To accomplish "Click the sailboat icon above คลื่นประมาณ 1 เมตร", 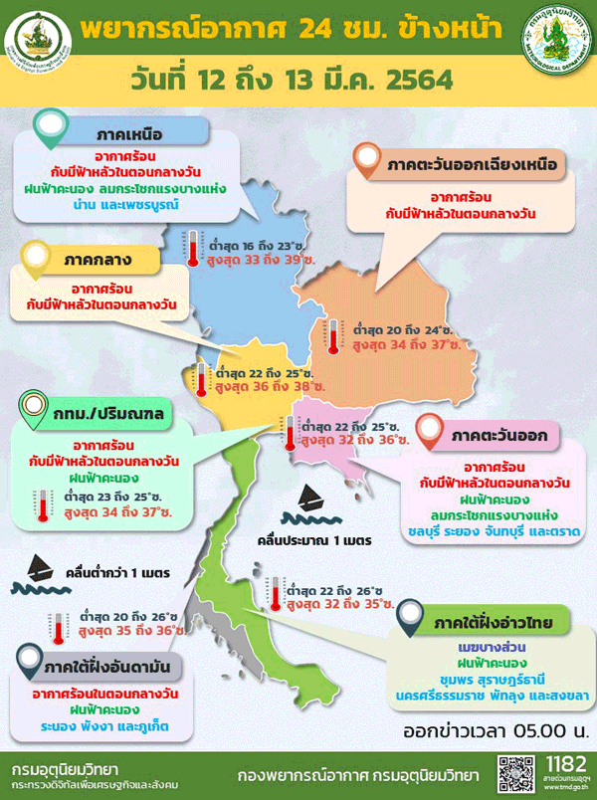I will pyautogui.click(x=309, y=497).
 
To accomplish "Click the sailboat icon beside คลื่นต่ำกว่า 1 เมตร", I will pyautogui.click(x=41, y=569).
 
